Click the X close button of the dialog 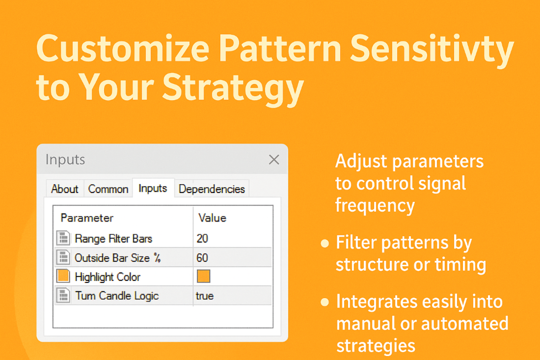(274, 160)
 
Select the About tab (65, 189)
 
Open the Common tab (108, 189)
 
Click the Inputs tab (153, 188)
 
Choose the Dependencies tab (212, 189)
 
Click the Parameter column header (87, 218)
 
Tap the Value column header (212, 218)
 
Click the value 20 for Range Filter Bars (202, 238)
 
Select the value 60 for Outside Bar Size (202, 258)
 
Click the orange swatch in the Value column (204, 277)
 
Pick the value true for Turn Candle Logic (205, 296)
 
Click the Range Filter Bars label (113, 238)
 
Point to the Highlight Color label (108, 277)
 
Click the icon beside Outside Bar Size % (63, 257)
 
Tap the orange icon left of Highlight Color (63, 276)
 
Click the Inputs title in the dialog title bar (65, 160)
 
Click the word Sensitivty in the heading (432, 49)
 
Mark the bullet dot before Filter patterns (324, 244)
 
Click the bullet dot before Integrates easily (324, 303)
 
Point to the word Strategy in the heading (233, 88)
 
